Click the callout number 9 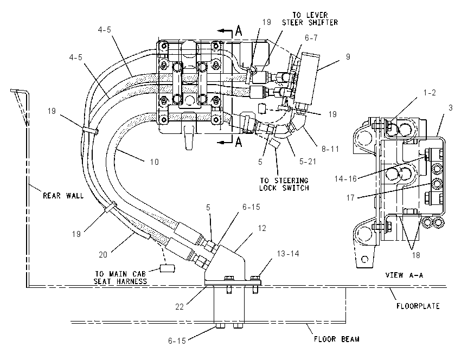point(348,57)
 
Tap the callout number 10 point(155,162)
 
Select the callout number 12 point(261,228)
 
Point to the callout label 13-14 point(288,254)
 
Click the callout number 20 point(103,254)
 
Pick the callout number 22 point(180,307)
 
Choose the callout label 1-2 point(429,93)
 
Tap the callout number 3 point(450,107)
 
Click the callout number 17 point(350,198)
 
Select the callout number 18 point(416,255)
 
